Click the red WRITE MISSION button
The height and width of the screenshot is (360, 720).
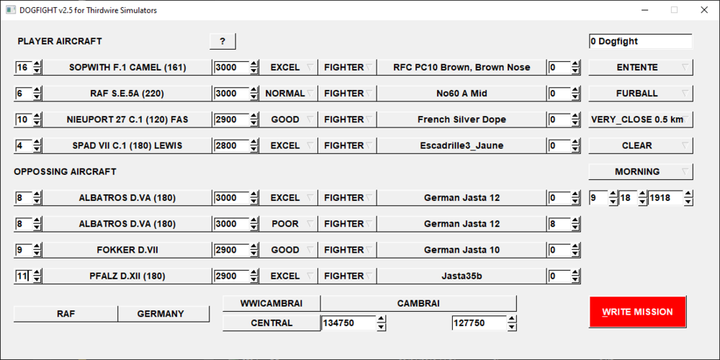637,312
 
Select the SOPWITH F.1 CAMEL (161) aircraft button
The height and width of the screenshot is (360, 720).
127,68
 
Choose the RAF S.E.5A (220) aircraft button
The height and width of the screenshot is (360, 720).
127,94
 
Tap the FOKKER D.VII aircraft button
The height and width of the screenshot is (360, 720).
127,251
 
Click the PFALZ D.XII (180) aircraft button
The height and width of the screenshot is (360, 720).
127,276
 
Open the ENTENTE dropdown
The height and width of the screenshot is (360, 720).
641,68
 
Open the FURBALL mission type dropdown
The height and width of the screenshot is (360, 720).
641,94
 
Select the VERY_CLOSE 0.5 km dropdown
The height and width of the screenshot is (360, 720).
641,120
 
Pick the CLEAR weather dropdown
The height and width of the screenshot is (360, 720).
641,146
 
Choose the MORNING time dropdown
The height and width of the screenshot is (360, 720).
641,172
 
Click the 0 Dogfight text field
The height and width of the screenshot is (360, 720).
641,41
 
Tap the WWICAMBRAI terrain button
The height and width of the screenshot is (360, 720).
272,304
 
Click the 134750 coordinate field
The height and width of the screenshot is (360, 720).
348,323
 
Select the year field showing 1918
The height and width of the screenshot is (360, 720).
665,199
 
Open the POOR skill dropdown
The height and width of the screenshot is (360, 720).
289,224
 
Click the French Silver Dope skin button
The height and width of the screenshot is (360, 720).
462,120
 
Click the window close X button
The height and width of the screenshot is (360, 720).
704,10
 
